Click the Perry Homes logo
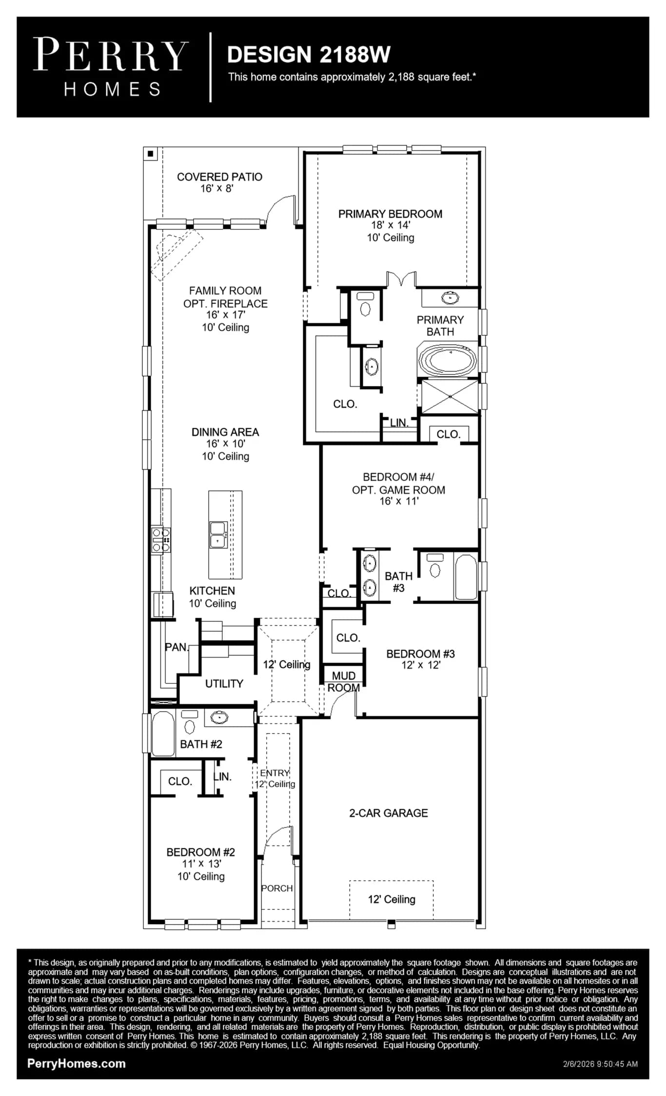(x=111, y=67)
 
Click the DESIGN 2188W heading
(x=309, y=55)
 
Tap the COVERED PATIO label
(x=219, y=177)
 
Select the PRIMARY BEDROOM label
(x=390, y=214)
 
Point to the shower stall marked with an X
(x=450, y=397)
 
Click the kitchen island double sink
(x=217, y=534)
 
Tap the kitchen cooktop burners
(x=161, y=540)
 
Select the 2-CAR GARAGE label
(x=389, y=813)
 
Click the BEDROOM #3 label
(x=420, y=654)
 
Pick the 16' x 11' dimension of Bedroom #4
(x=399, y=501)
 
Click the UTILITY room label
(x=224, y=683)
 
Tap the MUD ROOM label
(x=344, y=681)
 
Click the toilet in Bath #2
(x=190, y=721)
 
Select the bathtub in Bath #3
(x=466, y=577)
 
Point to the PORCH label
(x=277, y=888)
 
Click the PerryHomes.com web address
(x=77, y=1064)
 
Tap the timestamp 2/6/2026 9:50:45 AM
(x=600, y=1064)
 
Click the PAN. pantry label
(x=176, y=647)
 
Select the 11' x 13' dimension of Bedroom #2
(x=201, y=864)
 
